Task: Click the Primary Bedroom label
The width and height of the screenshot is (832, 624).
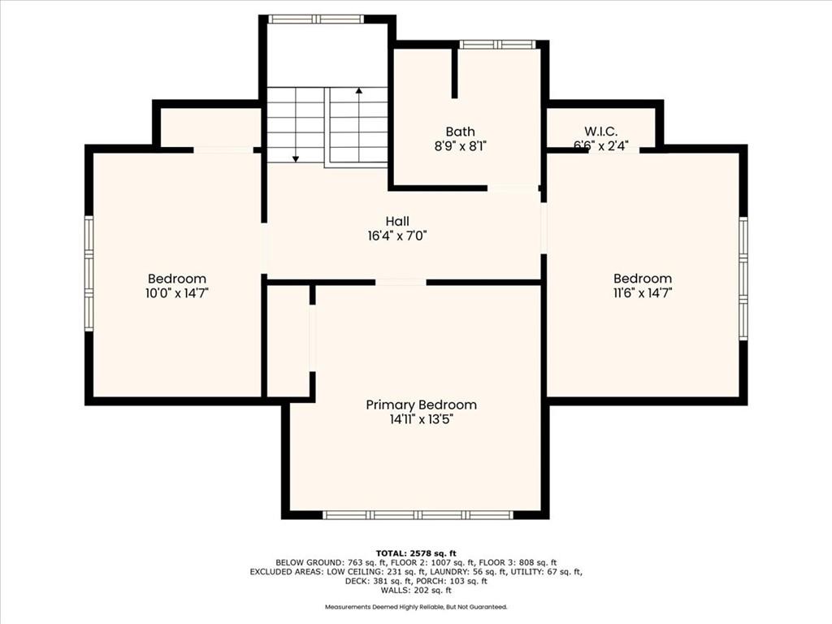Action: (422, 405)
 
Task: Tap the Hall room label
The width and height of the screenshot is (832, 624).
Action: (397, 221)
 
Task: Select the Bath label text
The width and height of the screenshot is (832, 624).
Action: (460, 132)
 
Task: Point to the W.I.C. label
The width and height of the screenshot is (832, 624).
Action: (600, 131)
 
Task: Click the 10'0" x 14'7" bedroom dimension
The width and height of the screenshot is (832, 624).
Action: (177, 292)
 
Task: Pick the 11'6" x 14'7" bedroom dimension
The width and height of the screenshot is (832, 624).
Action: (643, 292)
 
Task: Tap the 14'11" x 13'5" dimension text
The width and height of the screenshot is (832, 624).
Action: (422, 420)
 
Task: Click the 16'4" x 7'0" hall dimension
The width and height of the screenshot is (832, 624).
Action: (397, 236)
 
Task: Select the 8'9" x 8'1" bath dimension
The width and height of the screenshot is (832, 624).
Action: (460, 146)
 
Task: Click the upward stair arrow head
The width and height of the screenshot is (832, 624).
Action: (359, 91)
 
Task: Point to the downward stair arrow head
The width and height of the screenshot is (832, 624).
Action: (296, 158)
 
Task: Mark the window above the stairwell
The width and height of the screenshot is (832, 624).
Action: (316, 19)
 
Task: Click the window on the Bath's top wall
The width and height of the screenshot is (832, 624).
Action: (496, 45)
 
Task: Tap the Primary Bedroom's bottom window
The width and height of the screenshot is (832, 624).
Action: (418, 514)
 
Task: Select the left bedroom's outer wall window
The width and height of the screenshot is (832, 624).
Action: (89, 273)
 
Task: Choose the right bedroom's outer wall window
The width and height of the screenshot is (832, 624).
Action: (743, 279)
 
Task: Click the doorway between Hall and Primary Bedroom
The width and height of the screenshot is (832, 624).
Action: (401, 282)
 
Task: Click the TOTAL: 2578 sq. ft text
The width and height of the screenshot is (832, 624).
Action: (416, 553)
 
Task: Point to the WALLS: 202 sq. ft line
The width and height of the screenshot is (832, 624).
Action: (416, 590)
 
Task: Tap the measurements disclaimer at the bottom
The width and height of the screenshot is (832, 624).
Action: (416, 606)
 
